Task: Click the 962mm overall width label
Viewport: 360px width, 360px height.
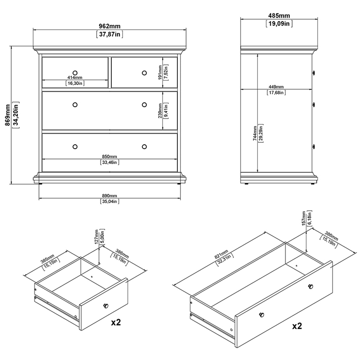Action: pos(109,26)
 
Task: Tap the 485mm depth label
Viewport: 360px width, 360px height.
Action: pos(279,15)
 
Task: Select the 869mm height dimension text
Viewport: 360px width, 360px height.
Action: pos(8,115)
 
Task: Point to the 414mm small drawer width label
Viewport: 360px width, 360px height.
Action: pos(75,78)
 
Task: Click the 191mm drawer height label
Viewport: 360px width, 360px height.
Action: pos(160,72)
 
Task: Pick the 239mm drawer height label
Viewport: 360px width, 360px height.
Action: pos(160,111)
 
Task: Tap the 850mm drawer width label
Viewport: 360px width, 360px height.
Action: pos(109,157)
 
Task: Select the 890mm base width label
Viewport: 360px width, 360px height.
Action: pos(109,196)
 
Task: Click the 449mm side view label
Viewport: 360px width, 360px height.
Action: pos(276,87)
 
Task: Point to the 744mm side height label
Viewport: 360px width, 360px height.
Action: pos(255,133)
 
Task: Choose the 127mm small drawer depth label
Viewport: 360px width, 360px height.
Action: pos(96,237)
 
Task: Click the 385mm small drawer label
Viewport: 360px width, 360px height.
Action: pos(47,259)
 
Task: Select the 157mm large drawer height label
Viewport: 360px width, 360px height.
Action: pos(304,219)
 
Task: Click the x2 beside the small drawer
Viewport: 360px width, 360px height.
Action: pos(116,322)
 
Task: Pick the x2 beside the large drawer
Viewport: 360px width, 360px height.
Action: pos(297,326)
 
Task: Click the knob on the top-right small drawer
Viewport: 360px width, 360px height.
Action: pos(144,73)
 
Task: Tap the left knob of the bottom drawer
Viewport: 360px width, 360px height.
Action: pos(75,147)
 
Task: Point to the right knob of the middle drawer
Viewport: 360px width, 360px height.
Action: pos(144,105)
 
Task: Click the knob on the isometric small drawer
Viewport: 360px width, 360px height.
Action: pos(106,306)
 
